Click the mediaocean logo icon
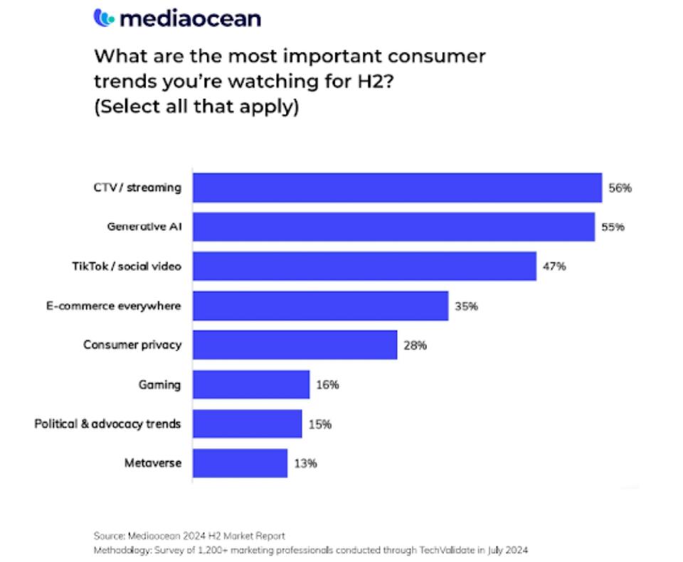tap(103, 18)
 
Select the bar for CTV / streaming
tap(398, 188)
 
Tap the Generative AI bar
tap(394, 227)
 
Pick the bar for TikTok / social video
tap(364, 266)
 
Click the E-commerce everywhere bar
tap(321, 306)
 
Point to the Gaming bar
tap(251, 384)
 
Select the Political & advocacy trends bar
tap(248, 423)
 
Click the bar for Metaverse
tap(240, 463)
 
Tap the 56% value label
tap(620, 189)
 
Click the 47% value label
tap(554, 267)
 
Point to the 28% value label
tap(414, 346)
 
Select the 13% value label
tap(305, 463)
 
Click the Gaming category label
tap(159, 385)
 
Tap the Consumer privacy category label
tap(132, 345)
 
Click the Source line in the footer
tap(189, 535)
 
